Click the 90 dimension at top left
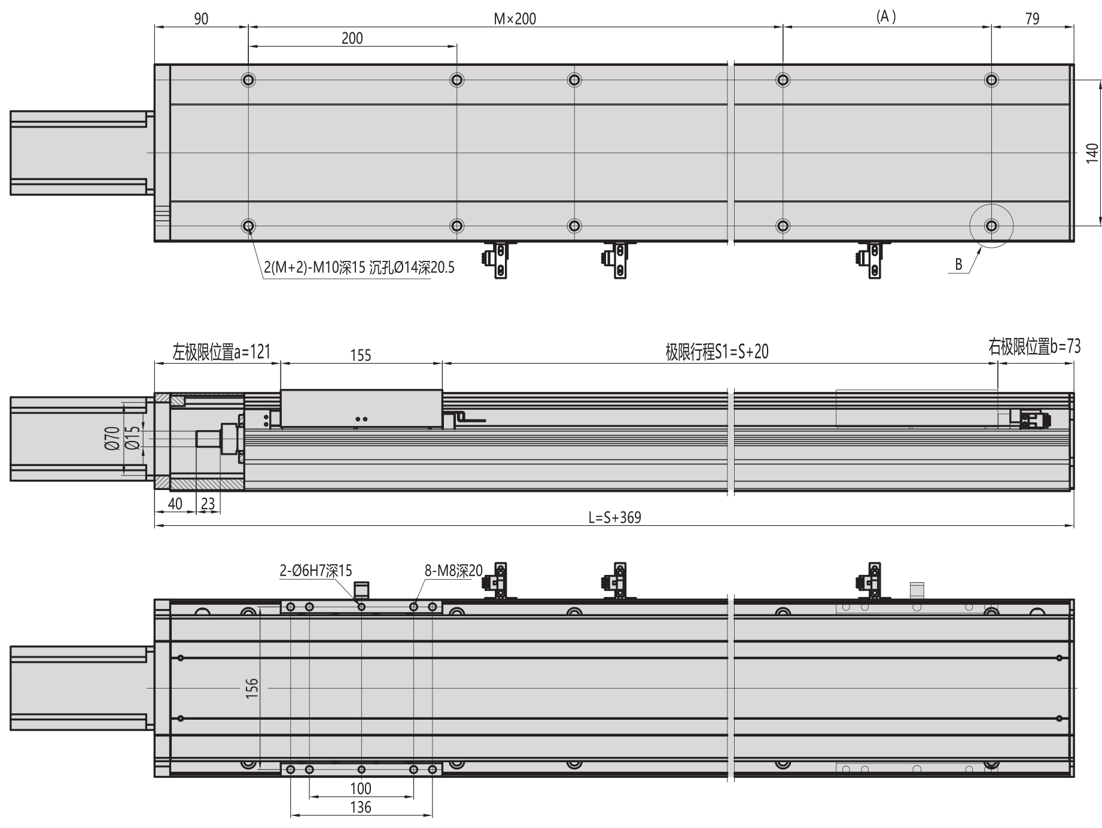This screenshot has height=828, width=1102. pos(201,19)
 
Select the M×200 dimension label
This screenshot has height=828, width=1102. pos(515,19)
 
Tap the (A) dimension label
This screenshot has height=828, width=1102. pos(886,17)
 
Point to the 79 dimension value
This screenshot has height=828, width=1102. pos(1032,19)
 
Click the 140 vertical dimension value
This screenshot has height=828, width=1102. pos(1092,153)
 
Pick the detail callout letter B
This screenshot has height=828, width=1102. pos(958,264)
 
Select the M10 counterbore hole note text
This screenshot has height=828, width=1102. pos(359,267)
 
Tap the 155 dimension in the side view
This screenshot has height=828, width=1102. pos(361,355)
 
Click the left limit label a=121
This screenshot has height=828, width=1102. pos(221,351)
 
